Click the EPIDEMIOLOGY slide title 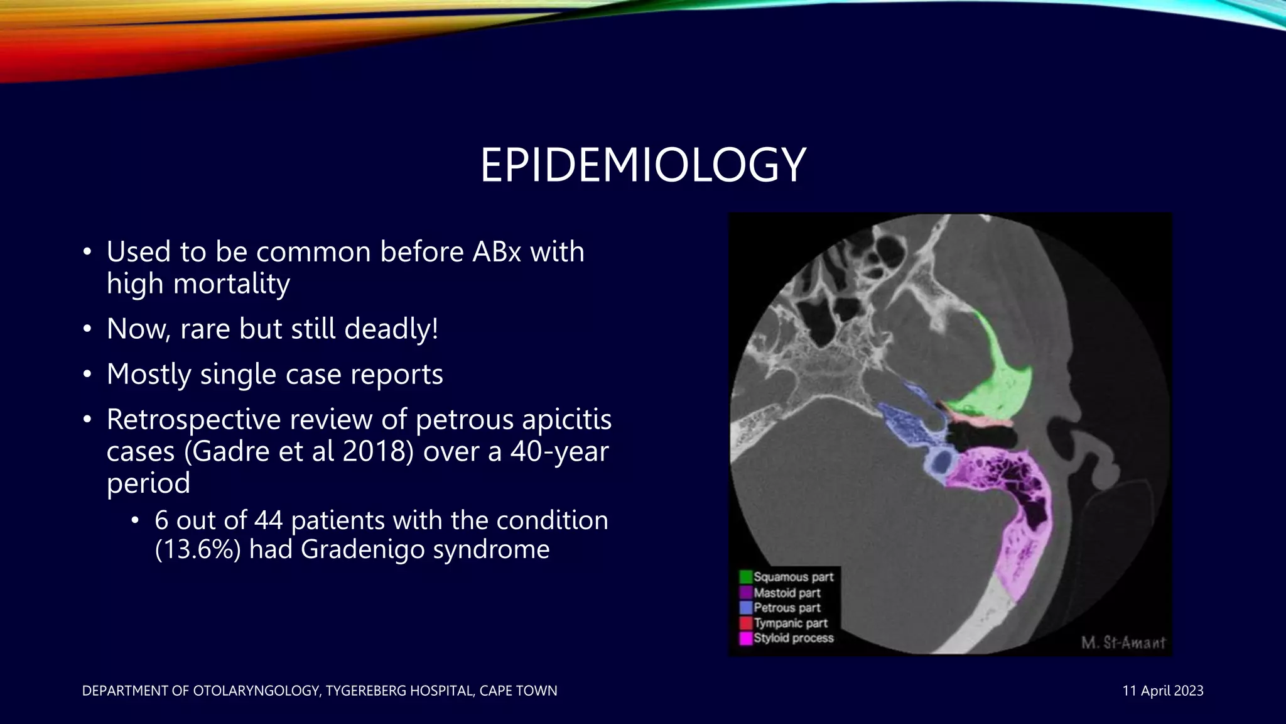coord(642,165)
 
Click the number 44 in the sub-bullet coord(269,520)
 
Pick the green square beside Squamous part coord(746,577)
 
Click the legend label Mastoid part coord(787,593)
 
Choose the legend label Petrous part coord(787,608)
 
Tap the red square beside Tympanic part coord(746,623)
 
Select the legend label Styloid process coord(794,639)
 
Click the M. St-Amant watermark coord(1123,643)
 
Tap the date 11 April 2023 coord(1162,691)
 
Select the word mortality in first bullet coord(231,283)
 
